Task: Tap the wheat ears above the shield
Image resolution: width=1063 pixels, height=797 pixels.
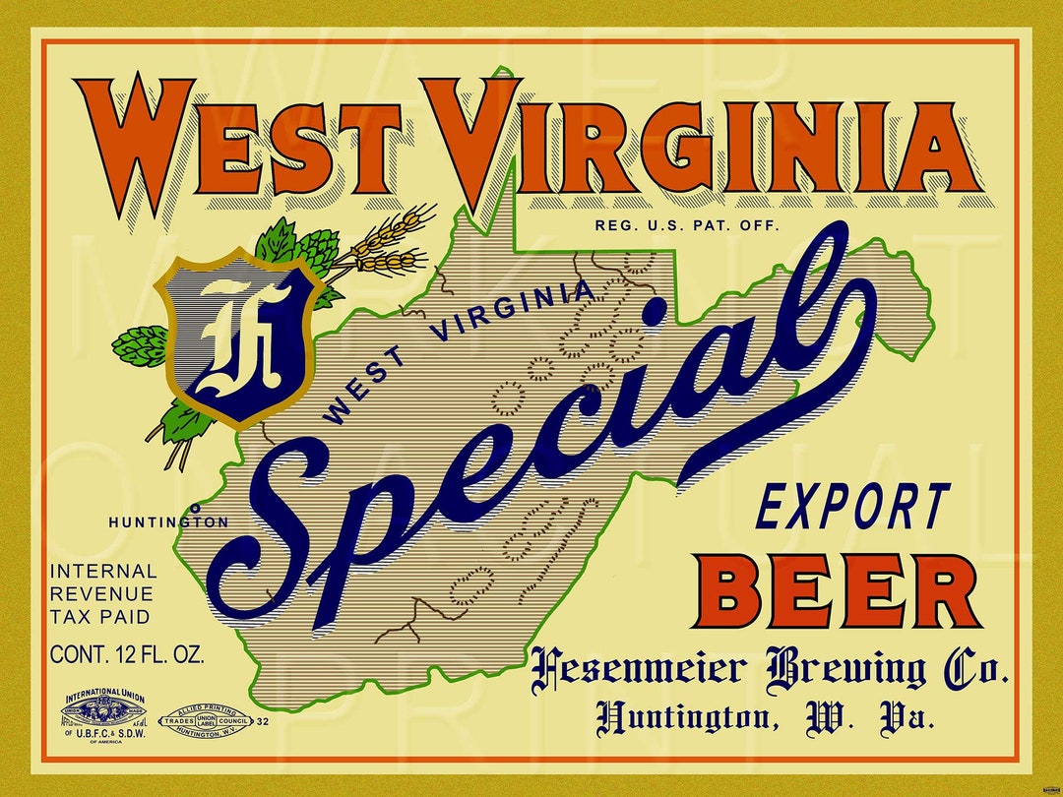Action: pyautogui.click(x=389, y=241)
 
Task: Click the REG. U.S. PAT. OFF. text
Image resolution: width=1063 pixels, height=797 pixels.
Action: pyautogui.click(x=687, y=225)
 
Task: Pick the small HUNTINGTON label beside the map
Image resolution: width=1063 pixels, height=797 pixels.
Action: pyautogui.click(x=168, y=522)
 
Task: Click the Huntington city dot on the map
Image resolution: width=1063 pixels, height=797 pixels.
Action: pyautogui.click(x=195, y=508)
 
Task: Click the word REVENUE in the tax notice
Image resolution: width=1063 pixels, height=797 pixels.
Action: pyautogui.click(x=101, y=594)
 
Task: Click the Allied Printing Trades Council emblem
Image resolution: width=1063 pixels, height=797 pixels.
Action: pyautogui.click(x=206, y=721)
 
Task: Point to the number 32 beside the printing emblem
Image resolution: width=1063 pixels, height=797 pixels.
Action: pyautogui.click(x=262, y=722)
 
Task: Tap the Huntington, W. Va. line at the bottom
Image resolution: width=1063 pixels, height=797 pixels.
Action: pyautogui.click(x=764, y=717)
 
